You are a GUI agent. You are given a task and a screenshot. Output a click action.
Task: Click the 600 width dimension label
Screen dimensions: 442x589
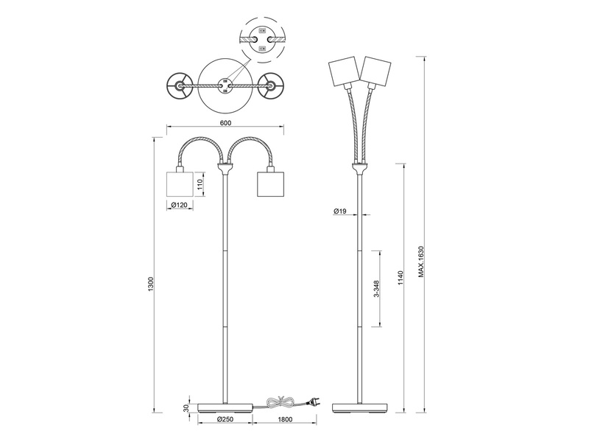pos(225,123)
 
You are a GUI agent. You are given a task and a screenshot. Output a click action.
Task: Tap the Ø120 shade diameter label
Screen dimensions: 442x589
pos(177,205)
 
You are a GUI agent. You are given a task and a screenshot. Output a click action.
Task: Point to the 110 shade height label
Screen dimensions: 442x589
pos(200,182)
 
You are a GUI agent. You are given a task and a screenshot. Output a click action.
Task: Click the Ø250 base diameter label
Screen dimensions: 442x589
pos(226,420)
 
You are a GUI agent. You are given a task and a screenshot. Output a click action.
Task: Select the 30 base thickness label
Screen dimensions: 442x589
pos(186,407)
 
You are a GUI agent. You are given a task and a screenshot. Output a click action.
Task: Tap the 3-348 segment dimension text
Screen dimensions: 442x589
pos(377,292)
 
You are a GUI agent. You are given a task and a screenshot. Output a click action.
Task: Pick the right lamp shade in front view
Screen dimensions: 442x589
pos(269,183)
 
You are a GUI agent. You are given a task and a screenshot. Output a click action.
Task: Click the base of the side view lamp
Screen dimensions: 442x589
pos(360,407)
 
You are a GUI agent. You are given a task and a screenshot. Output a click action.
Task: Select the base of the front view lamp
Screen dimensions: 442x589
pos(225,407)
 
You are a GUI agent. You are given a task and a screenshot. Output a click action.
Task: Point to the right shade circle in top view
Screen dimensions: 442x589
pos(271,86)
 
